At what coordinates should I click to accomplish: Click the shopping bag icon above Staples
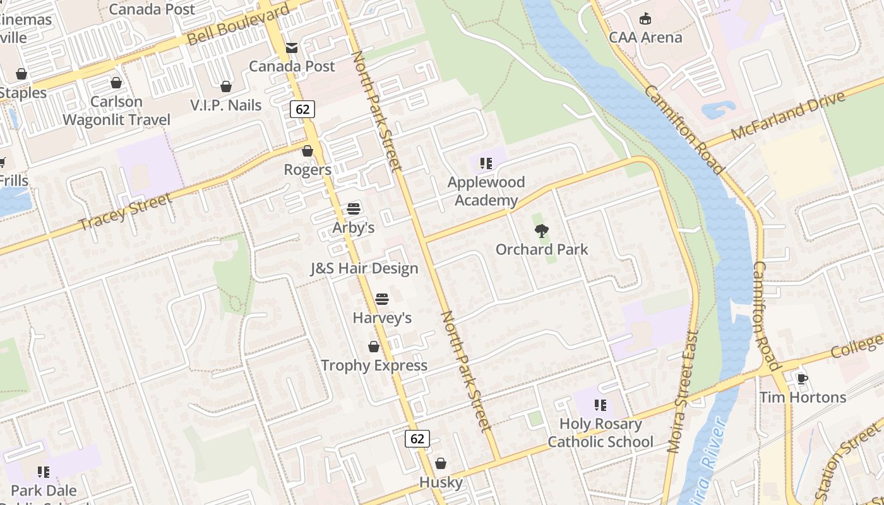point(21,74)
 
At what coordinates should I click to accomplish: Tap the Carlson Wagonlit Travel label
point(116,110)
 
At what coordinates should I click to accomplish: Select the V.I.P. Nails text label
point(226,105)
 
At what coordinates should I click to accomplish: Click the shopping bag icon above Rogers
point(308,151)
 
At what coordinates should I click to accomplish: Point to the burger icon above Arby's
point(354,209)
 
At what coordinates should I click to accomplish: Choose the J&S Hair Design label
point(364,268)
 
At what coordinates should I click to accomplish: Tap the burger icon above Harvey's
point(382,299)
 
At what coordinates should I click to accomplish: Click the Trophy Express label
point(374,365)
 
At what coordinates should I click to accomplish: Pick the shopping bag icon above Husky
point(441,464)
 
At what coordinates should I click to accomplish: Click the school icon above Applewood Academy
point(486,163)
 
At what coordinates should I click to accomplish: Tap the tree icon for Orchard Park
point(541,230)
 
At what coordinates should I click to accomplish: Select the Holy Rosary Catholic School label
point(600,432)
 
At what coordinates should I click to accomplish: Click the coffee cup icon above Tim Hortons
point(802,379)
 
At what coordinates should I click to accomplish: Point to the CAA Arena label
point(645,37)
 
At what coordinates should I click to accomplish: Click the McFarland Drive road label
point(787,116)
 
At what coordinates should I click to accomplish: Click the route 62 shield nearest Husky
point(417,439)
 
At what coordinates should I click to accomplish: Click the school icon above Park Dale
point(43,472)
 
